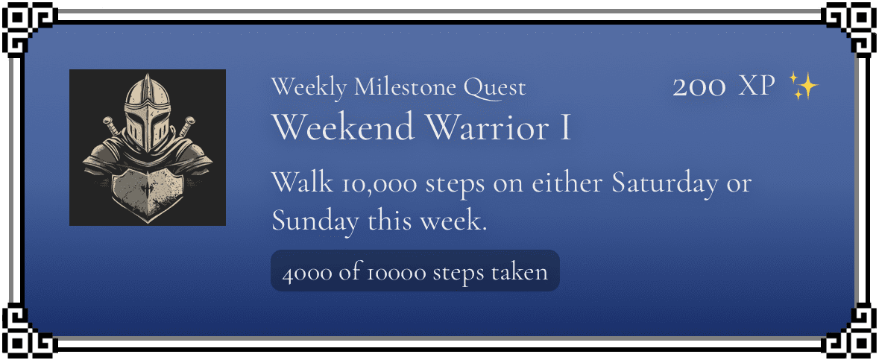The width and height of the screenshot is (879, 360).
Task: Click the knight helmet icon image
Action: (148, 148)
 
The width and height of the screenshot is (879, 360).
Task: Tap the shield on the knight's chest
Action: (148, 195)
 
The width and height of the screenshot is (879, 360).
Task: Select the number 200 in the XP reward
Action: (699, 87)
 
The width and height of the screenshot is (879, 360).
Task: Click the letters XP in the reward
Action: (757, 87)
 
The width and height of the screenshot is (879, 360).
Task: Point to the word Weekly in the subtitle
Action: (309, 88)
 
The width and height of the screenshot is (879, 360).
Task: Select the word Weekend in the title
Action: (344, 127)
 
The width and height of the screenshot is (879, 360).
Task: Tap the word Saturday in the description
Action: (665, 184)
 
